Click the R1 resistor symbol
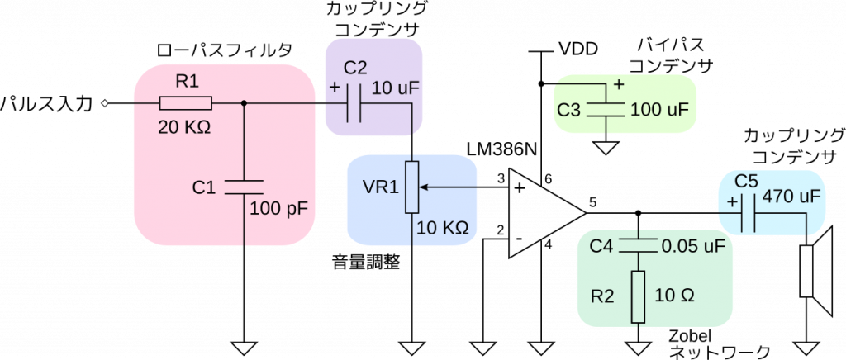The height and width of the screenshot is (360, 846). click(x=186, y=103)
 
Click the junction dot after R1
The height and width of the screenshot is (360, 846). click(x=244, y=103)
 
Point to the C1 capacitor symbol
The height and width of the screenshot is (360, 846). click(x=244, y=186)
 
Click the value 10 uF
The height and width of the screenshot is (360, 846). click(x=396, y=88)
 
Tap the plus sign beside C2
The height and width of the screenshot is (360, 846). click(x=334, y=87)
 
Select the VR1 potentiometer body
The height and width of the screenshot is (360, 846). click(x=411, y=187)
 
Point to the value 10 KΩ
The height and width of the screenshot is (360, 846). click(x=443, y=228)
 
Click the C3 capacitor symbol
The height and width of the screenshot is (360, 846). click(x=606, y=108)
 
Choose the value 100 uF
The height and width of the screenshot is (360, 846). click(x=659, y=110)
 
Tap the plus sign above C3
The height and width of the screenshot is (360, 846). click(x=619, y=84)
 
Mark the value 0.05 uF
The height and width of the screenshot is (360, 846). click(x=692, y=246)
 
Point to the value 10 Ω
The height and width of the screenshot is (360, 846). click(x=674, y=296)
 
